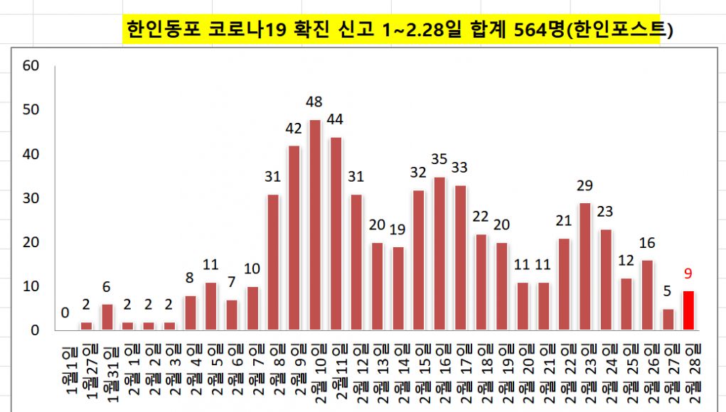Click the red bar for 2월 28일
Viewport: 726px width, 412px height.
point(688,310)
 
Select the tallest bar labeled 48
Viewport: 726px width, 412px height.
point(315,225)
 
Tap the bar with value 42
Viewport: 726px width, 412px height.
point(294,238)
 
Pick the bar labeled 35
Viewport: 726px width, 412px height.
point(439,254)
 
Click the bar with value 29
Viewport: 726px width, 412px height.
point(585,266)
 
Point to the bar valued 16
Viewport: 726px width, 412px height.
point(647,295)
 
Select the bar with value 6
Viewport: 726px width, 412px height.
point(107,317)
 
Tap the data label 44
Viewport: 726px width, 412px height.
point(336,118)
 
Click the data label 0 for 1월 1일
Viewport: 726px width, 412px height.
point(65,313)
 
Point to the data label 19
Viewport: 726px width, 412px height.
point(398,229)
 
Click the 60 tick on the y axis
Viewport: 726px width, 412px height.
point(31,66)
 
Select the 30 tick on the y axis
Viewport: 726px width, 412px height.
point(31,198)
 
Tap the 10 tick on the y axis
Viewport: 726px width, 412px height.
point(31,286)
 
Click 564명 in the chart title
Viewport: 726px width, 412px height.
point(545,29)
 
